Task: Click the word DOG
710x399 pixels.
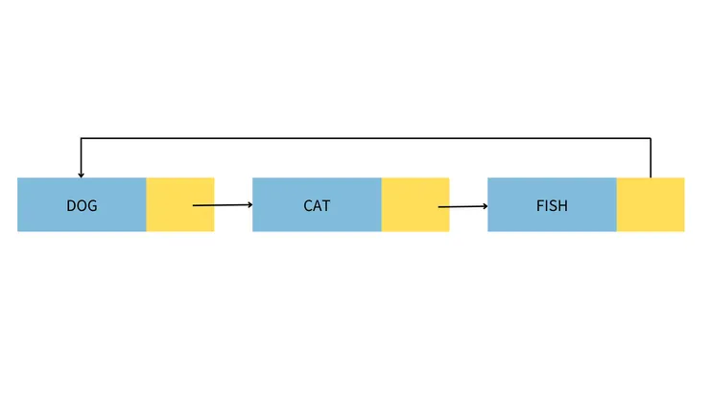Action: click(82, 205)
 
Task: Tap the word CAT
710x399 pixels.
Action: click(318, 205)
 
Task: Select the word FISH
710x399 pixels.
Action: click(552, 205)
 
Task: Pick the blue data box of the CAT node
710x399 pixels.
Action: click(283, 219)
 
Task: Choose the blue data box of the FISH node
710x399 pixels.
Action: click(518, 219)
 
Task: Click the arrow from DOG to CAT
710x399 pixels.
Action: click(223, 205)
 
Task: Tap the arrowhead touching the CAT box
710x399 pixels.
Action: click(249, 204)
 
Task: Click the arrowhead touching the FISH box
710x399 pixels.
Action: click(485, 204)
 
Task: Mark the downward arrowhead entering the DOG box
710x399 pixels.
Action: click(81, 174)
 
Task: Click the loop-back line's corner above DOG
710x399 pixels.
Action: click(81, 139)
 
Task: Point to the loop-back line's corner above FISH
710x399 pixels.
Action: click(651, 139)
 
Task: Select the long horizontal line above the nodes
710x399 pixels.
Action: click(365, 139)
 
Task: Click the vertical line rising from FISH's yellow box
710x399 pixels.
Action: click(651, 159)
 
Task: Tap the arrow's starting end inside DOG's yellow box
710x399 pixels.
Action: click(194, 205)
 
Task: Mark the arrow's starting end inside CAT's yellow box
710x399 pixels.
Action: click(439, 206)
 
